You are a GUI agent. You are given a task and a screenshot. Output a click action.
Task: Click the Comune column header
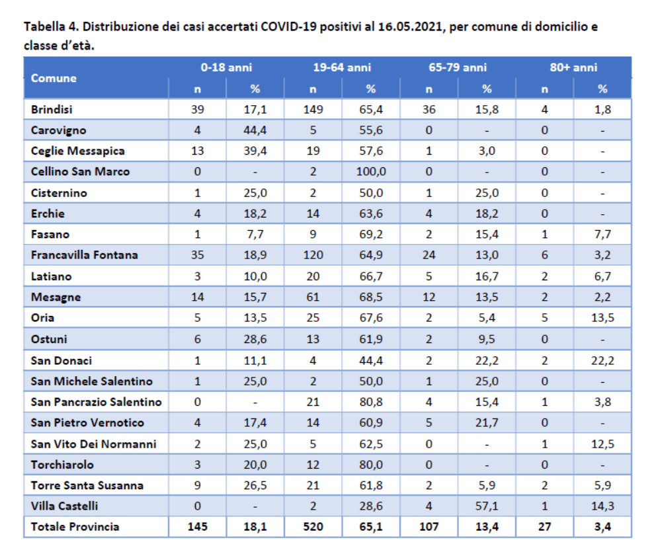coord(54,78)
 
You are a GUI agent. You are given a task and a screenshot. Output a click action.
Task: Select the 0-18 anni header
coord(226,67)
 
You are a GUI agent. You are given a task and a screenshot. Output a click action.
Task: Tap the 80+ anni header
coord(573,67)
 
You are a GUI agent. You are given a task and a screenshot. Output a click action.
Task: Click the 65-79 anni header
coord(458,67)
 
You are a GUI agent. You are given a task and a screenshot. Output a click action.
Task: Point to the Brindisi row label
coord(52,110)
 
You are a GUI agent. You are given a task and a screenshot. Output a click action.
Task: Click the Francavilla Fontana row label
coord(85,255)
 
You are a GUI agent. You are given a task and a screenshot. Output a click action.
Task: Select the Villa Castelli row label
coord(64,506)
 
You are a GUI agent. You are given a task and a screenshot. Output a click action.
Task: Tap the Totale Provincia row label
coord(75,527)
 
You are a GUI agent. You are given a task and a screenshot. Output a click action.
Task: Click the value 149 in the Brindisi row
coord(313,110)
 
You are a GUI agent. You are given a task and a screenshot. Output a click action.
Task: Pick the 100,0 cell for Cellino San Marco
coord(371,172)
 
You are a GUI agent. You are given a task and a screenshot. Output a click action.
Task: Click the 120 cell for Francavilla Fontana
coord(313,255)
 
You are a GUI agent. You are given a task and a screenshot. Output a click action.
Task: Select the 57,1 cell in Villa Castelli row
coord(487,506)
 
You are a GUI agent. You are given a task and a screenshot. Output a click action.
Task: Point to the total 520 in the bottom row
coord(313,527)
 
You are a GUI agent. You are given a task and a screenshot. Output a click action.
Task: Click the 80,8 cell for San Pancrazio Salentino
coord(371,402)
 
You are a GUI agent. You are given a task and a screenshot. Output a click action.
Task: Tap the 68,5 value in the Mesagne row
coord(371,297)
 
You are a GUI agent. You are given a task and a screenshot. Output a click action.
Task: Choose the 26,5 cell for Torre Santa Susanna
coord(255,485)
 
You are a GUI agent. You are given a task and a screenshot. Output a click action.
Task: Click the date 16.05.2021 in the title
coord(410,27)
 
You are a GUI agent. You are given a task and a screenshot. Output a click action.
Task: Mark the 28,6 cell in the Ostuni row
coord(255,339)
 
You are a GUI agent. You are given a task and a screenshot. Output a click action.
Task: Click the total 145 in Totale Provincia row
coord(197,527)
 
